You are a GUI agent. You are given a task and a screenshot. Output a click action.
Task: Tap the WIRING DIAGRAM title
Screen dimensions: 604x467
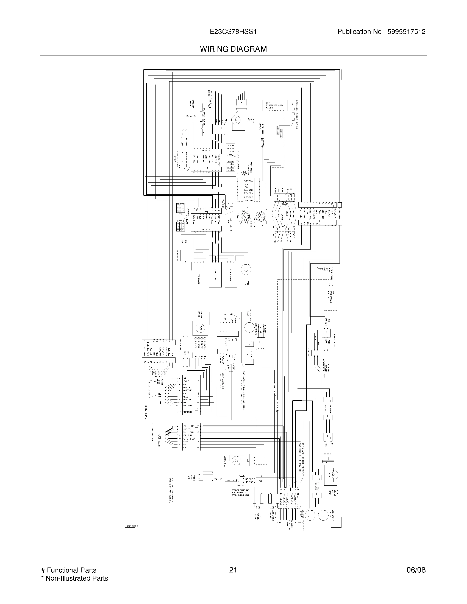pyautogui.click(x=233, y=49)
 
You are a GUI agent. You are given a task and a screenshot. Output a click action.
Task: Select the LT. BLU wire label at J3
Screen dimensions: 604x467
pyautogui.click(x=189, y=438)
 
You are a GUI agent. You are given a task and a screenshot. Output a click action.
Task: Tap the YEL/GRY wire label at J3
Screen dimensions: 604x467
pyautogui.click(x=189, y=432)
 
